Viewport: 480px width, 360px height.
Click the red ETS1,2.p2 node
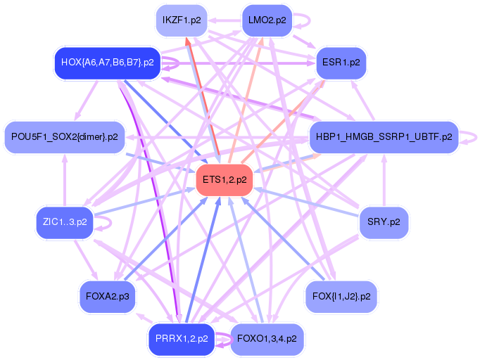pos(225,180)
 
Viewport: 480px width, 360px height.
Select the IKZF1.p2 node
pos(181,20)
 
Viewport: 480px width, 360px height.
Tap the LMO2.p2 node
pos(267,20)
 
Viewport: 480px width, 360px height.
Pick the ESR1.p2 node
pos(341,63)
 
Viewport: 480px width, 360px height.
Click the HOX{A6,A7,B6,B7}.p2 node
pos(108,63)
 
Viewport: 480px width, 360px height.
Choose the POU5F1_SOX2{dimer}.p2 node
pos(64,136)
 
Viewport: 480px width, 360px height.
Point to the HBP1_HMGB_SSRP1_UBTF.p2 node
pos(384,136)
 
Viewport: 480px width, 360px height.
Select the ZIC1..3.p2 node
pos(64,222)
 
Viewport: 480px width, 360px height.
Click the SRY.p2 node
pos(384,222)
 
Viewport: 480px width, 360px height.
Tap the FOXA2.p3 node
pos(108,296)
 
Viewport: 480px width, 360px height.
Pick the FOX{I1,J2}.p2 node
pos(341,296)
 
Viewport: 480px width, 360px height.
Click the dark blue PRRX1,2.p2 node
pos(181,338)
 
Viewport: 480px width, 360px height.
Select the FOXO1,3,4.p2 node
pos(267,338)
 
